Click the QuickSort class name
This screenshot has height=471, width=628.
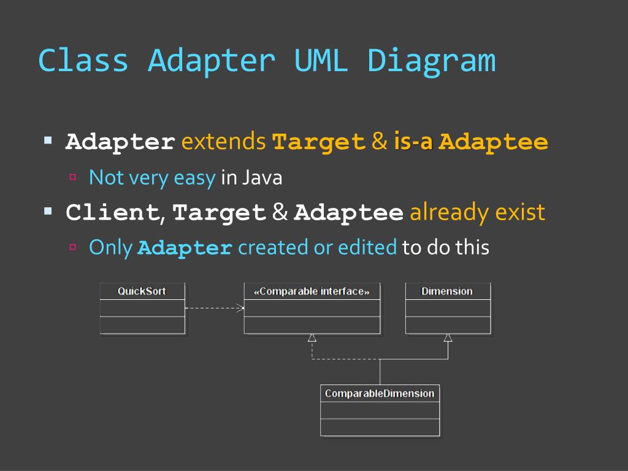(x=142, y=291)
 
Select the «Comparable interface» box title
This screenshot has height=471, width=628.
(x=312, y=291)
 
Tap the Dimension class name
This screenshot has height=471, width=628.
(x=447, y=291)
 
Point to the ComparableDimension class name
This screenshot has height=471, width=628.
(x=380, y=394)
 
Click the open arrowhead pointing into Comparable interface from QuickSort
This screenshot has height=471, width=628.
(x=240, y=308)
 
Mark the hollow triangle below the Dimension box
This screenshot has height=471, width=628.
(x=448, y=338)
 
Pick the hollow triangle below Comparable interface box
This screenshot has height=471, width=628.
(x=312, y=338)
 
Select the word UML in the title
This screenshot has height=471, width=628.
(x=321, y=61)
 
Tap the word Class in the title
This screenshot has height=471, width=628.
(x=83, y=61)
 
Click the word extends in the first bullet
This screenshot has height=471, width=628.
(x=223, y=142)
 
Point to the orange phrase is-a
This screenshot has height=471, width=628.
(x=414, y=142)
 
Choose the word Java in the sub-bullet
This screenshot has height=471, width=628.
(x=262, y=178)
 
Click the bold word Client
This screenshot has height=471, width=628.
(x=113, y=213)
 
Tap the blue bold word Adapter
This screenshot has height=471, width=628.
(x=185, y=248)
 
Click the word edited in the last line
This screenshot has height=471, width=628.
(x=366, y=248)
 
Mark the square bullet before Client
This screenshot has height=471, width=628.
(x=48, y=211)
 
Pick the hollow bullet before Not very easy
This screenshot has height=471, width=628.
(x=72, y=177)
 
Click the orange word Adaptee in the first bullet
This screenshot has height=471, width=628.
(x=494, y=142)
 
